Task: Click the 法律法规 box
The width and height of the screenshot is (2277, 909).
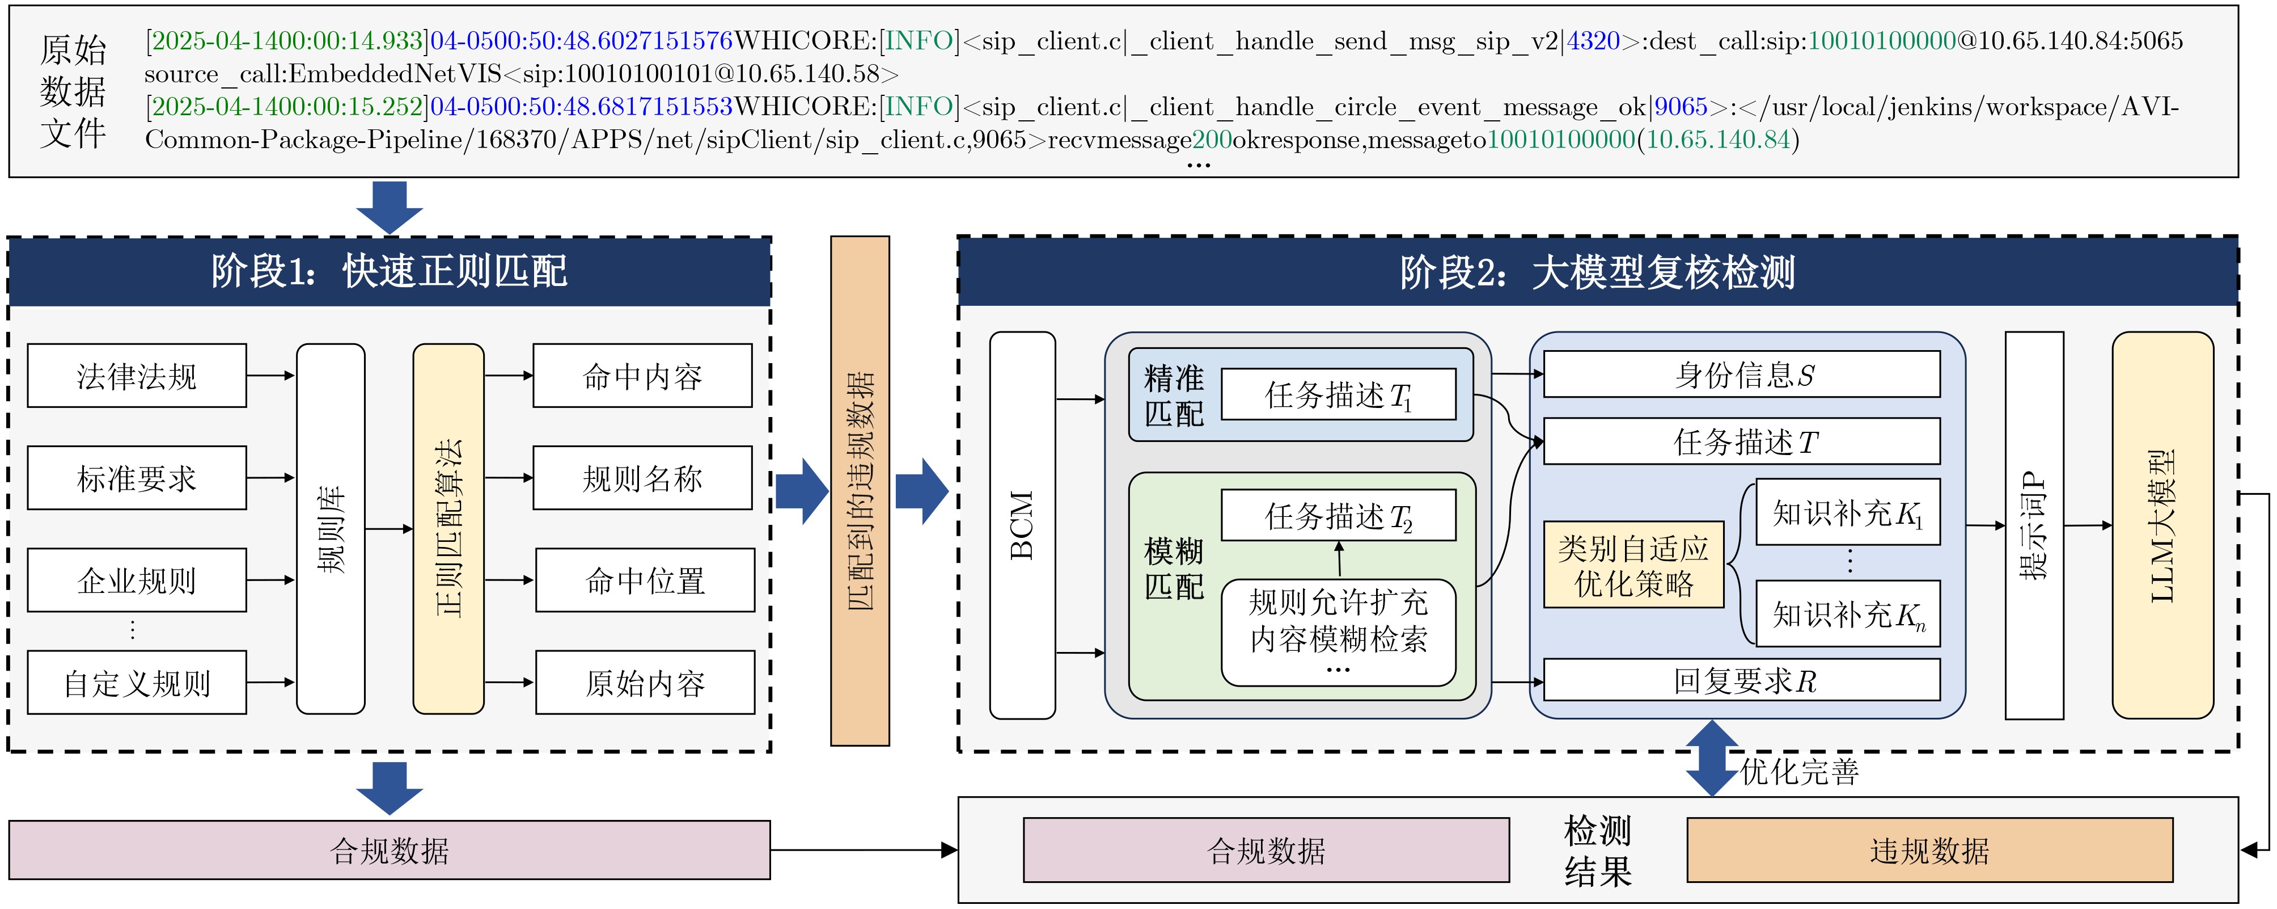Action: click(x=137, y=376)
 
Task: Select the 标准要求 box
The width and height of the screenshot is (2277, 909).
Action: click(x=137, y=478)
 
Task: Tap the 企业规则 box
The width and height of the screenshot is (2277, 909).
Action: click(x=137, y=580)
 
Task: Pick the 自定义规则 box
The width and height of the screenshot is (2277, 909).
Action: click(x=137, y=683)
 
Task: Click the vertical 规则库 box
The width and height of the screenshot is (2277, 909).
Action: click(x=331, y=529)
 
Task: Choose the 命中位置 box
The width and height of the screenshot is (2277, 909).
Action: click(x=645, y=580)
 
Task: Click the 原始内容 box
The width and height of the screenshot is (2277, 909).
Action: click(x=645, y=683)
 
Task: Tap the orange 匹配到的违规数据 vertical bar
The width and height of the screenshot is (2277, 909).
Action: click(x=860, y=491)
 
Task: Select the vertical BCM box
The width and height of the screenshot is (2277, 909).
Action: click(x=1023, y=525)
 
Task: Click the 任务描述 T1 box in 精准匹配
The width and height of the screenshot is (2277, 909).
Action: click(x=1338, y=394)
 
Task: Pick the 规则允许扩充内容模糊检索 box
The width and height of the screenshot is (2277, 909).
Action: click(x=1338, y=632)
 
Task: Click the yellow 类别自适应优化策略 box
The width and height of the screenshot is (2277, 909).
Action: click(x=1633, y=564)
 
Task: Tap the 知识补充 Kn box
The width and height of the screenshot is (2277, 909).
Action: click(x=1848, y=614)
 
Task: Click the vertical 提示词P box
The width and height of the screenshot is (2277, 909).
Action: click(x=2035, y=525)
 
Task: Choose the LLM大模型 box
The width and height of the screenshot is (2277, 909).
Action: click(x=2163, y=525)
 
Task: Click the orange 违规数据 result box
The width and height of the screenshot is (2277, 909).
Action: click(x=1929, y=850)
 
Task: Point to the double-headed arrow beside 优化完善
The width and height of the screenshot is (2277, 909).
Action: click(x=1712, y=759)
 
